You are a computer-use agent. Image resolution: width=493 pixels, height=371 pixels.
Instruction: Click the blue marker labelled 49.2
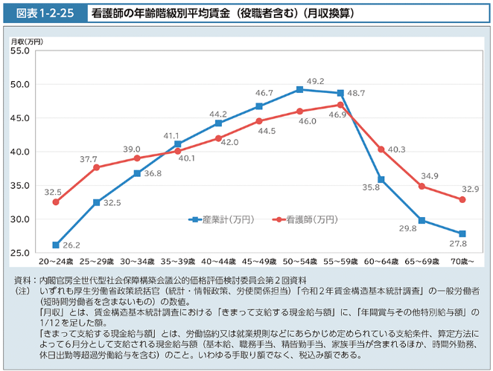point(299,89)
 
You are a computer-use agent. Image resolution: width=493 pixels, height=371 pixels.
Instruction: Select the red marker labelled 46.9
point(340,105)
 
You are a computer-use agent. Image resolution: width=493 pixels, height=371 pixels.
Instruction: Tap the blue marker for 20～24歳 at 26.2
point(56,245)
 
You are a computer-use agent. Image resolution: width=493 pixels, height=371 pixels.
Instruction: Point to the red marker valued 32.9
point(462,199)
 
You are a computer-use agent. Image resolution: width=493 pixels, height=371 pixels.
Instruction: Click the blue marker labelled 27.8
point(462,233)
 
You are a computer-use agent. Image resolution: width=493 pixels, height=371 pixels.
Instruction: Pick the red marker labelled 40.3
point(381,149)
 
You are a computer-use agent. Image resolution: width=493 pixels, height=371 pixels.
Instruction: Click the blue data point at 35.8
point(381,179)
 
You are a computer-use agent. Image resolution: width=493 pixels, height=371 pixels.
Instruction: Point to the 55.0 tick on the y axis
point(20,51)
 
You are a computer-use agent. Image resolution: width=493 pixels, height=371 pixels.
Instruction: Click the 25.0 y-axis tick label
point(20,254)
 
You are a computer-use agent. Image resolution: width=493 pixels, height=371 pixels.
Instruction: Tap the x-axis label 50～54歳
point(299,263)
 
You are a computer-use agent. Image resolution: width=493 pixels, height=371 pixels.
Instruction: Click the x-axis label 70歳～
point(462,263)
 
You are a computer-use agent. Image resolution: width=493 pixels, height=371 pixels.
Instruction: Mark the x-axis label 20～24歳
point(56,263)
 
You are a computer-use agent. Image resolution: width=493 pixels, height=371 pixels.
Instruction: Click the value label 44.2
point(217,114)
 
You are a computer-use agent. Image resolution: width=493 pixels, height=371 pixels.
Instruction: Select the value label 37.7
point(89,159)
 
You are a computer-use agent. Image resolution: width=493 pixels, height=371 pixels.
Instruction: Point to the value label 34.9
point(430,176)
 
